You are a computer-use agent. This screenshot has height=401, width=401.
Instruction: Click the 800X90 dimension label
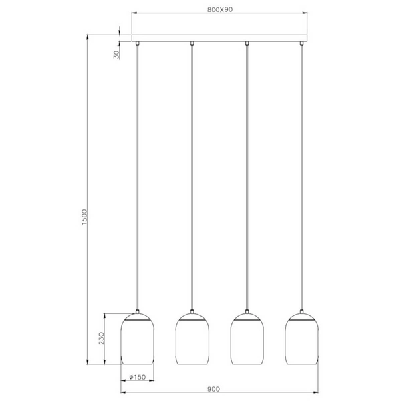click(220, 9)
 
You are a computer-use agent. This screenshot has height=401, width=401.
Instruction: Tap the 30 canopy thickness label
click(118, 55)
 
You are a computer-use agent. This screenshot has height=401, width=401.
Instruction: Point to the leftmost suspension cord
click(137, 180)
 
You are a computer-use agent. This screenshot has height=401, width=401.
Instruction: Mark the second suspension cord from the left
click(192, 180)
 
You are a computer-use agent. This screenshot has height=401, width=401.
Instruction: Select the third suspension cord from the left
click(247, 180)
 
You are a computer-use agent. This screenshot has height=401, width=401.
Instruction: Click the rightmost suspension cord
click(302, 180)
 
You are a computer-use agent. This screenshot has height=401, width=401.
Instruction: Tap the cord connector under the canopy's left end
click(137, 44)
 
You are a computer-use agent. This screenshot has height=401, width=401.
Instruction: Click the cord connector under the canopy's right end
click(302, 44)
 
